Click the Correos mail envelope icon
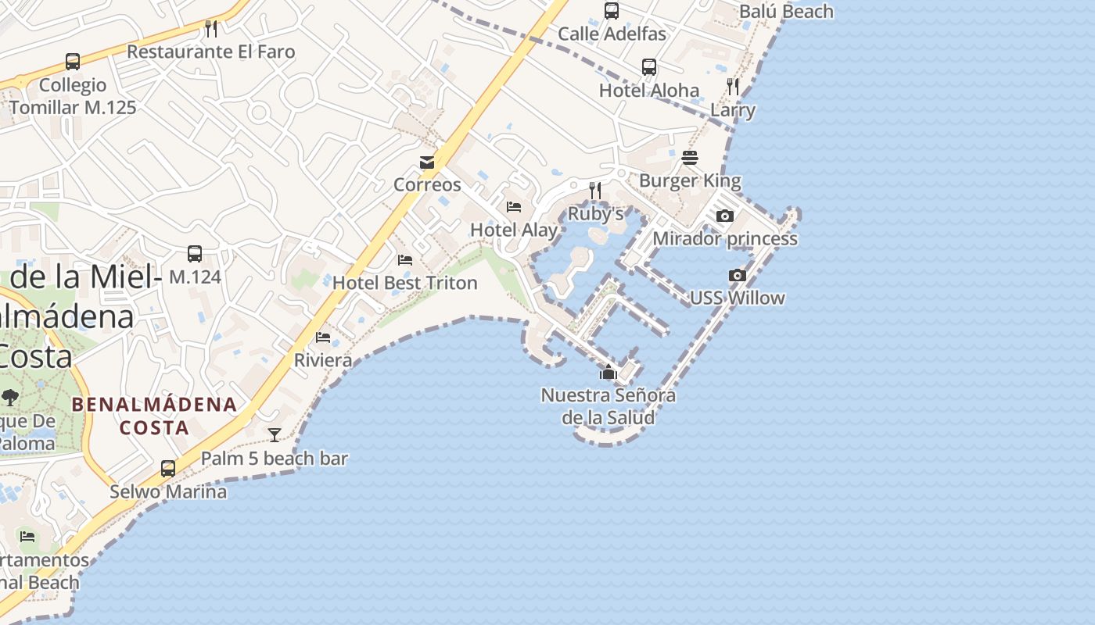coord(427,162)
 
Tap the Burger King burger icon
coord(689,158)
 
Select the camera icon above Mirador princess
coord(725,216)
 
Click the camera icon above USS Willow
coord(737,275)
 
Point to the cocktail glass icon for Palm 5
coord(275,435)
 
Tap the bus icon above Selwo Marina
coord(168,469)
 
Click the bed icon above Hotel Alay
coord(514,207)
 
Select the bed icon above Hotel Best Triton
coord(405,259)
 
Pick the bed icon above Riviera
coord(323,337)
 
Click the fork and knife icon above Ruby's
coord(595,190)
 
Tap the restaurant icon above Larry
coord(733,86)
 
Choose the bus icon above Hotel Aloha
coord(649,67)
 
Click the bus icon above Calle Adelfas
coord(612,11)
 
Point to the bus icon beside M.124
coord(195,254)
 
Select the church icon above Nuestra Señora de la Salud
coord(609,372)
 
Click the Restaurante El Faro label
coord(211,52)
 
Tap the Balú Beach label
coord(786,12)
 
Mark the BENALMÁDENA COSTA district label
coord(154,416)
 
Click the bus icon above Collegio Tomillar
coord(73,62)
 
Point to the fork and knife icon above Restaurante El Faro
coord(210,29)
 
